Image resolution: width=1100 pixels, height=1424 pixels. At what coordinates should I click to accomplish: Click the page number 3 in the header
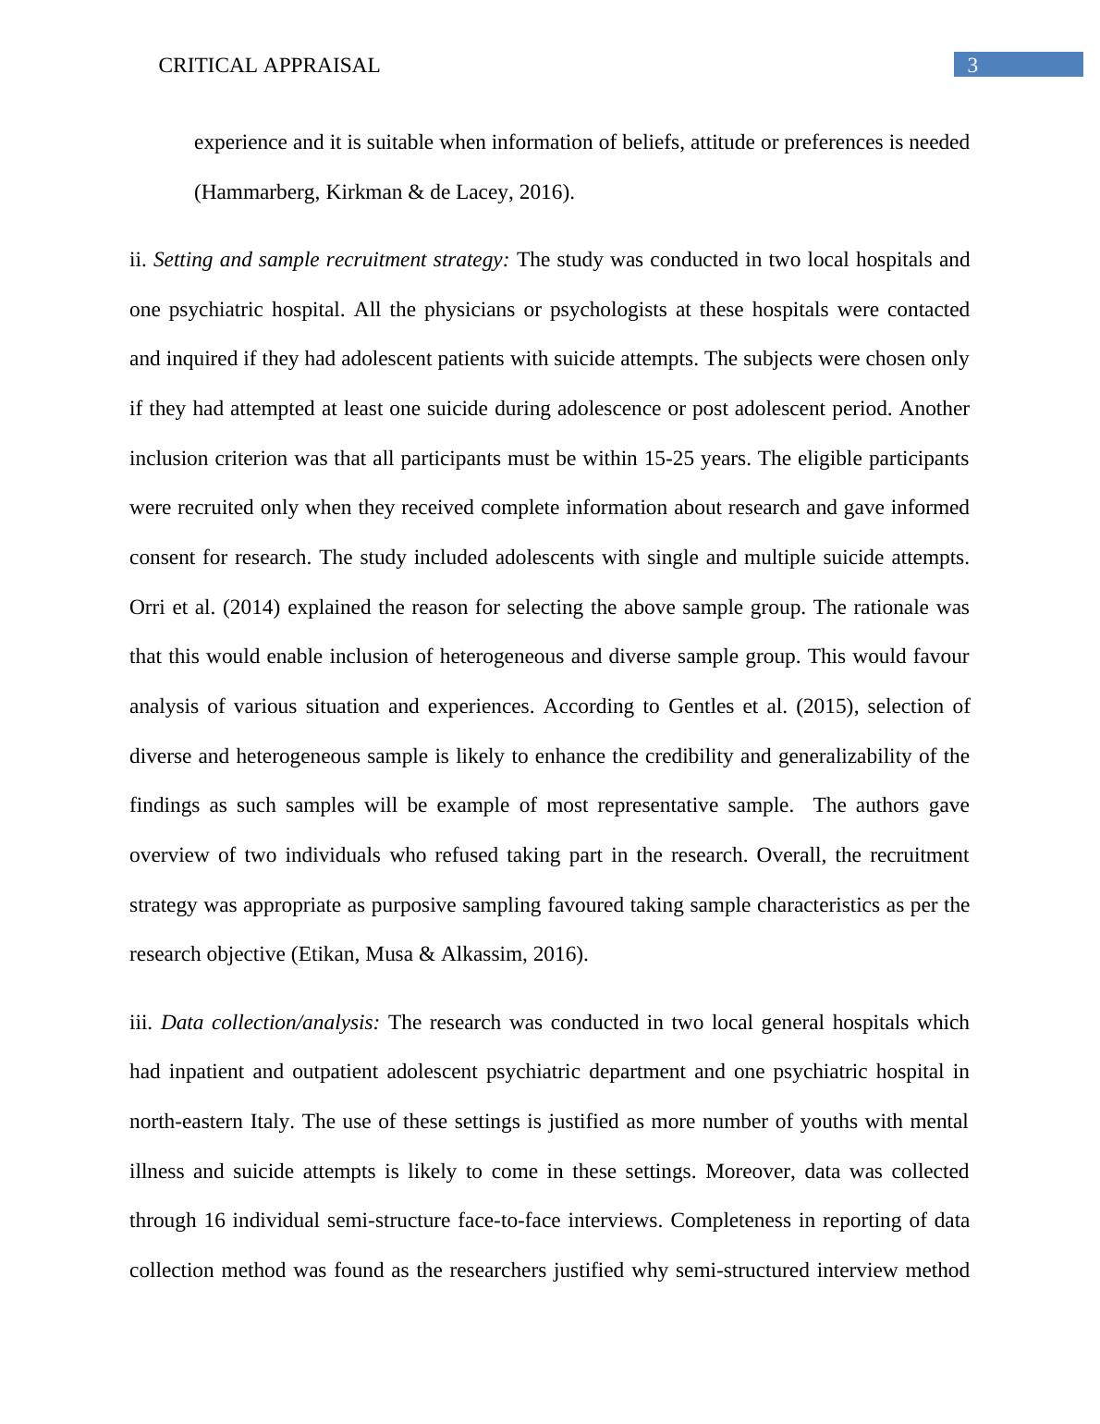[x=972, y=65]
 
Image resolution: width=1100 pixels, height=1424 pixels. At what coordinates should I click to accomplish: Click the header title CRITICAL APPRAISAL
[x=269, y=66]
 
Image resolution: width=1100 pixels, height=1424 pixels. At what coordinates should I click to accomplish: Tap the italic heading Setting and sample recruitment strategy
[x=331, y=260]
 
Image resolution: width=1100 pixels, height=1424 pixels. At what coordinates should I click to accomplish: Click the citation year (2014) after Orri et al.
[x=251, y=608]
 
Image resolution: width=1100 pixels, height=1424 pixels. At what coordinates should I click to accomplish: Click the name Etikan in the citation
[x=325, y=954]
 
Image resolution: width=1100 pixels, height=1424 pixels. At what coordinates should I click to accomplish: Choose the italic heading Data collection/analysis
[x=270, y=1023]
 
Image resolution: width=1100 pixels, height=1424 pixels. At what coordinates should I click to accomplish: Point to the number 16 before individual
[x=214, y=1221]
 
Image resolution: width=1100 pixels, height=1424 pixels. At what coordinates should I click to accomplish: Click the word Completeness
[x=729, y=1221]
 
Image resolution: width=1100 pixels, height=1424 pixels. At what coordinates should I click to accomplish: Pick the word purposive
[x=409, y=905]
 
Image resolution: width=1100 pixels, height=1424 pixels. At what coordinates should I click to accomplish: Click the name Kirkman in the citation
[x=363, y=192]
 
